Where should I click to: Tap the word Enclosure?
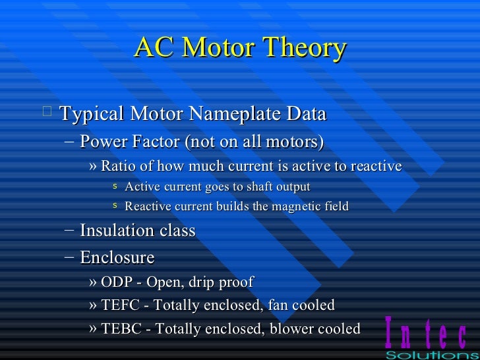click(117, 257)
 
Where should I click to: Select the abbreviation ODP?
click(115, 282)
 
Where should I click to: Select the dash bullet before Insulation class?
click(69, 231)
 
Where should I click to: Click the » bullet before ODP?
click(92, 283)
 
